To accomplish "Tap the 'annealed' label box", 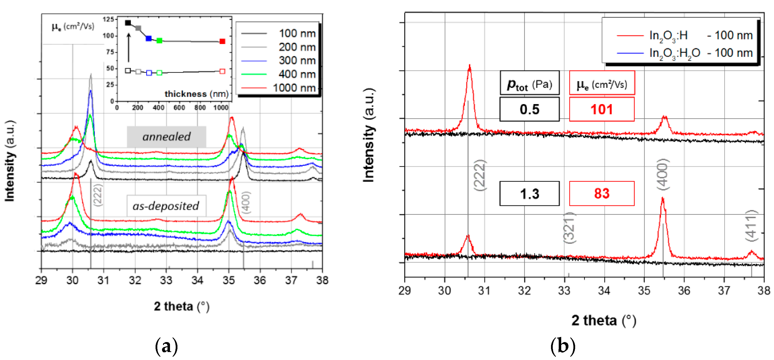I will click(166, 137).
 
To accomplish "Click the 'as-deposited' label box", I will click(166, 206).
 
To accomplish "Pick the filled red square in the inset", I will click(222, 42).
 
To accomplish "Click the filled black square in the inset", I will click(128, 23).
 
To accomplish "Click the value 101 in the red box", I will click(602, 109).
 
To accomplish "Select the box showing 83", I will click(602, 193).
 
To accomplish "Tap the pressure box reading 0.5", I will click(529, 109).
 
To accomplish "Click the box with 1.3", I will click(529, 193).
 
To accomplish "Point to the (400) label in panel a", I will click(246, 202).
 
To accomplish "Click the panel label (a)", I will click(166, 347).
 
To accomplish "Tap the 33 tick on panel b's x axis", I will click(564, 290).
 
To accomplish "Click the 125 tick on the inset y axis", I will click(108, 19).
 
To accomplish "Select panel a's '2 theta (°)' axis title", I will click(181, 306).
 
